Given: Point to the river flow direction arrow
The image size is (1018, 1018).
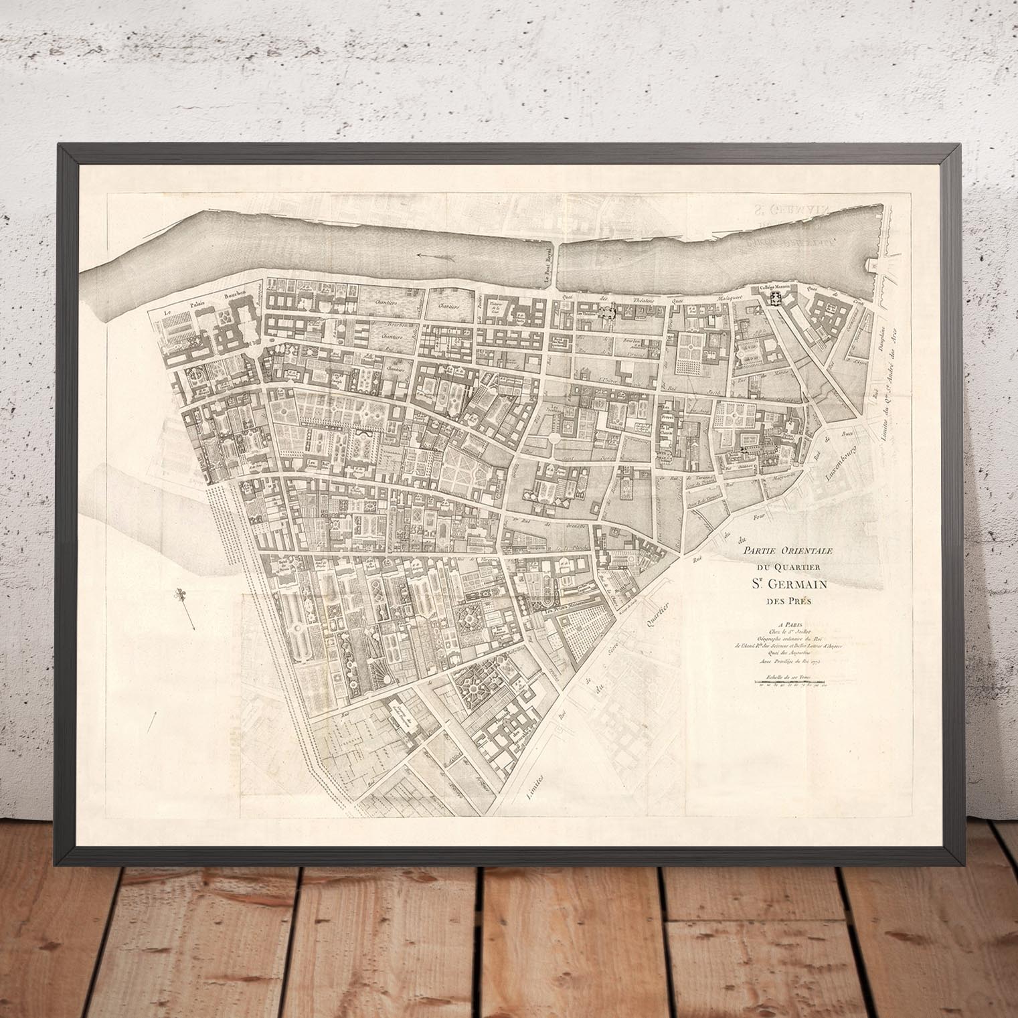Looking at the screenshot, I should (x=424, y=255).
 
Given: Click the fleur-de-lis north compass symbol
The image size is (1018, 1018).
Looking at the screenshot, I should (x=181, y=594).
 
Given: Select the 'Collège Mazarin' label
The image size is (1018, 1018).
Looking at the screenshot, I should (x=774, y=286).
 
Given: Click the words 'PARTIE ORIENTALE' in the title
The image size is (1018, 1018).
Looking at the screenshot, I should (x=781, y=550).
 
